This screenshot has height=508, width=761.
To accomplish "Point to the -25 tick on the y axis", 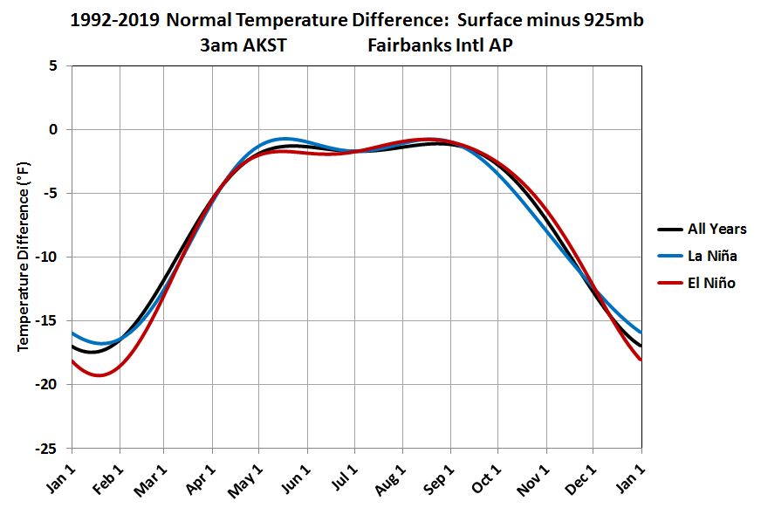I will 50,449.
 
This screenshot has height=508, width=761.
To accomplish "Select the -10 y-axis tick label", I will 50,257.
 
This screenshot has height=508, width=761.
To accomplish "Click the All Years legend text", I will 716,229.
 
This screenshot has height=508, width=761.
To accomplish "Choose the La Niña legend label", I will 712,256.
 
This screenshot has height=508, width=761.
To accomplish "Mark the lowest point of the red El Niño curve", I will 99,375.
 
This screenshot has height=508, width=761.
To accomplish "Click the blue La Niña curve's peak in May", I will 284,138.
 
